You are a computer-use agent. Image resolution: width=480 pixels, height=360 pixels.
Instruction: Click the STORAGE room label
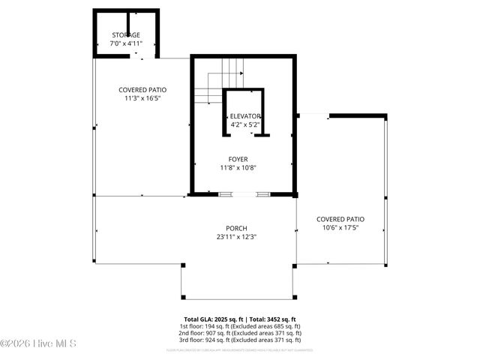coord(126,35)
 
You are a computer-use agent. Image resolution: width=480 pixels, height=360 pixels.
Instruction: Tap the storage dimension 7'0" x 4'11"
coord(126,43)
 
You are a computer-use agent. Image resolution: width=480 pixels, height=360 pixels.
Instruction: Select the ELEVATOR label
coord(244,116)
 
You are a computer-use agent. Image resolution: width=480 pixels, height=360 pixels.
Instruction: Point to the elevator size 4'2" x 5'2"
coord(244,124)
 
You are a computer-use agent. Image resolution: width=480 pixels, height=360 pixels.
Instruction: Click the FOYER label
coord(238,159)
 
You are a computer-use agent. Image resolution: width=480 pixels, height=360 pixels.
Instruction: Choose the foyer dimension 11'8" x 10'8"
coord(238,167)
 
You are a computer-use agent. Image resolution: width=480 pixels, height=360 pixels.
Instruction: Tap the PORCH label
coord(236,228)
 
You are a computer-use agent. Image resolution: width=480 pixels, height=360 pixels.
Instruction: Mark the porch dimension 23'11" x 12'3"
coord(236,236)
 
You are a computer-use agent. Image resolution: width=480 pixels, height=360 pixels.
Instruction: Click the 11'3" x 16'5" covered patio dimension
coord(142,97)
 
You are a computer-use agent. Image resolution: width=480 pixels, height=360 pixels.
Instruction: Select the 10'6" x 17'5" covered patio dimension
coord(340,227)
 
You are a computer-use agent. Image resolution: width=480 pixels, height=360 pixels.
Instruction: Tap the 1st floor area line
coord(240,326)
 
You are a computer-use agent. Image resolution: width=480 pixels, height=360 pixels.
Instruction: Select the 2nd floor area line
coord(240,334)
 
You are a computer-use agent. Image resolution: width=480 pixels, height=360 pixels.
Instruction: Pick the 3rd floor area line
coord(240,341)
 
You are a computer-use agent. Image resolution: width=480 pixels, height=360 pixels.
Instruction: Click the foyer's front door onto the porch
coord(244,194)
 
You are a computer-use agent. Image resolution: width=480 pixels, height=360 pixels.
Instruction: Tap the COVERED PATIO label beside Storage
coord(142,89)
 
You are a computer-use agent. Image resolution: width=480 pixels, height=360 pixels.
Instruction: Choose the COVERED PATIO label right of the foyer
coord(340,219)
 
